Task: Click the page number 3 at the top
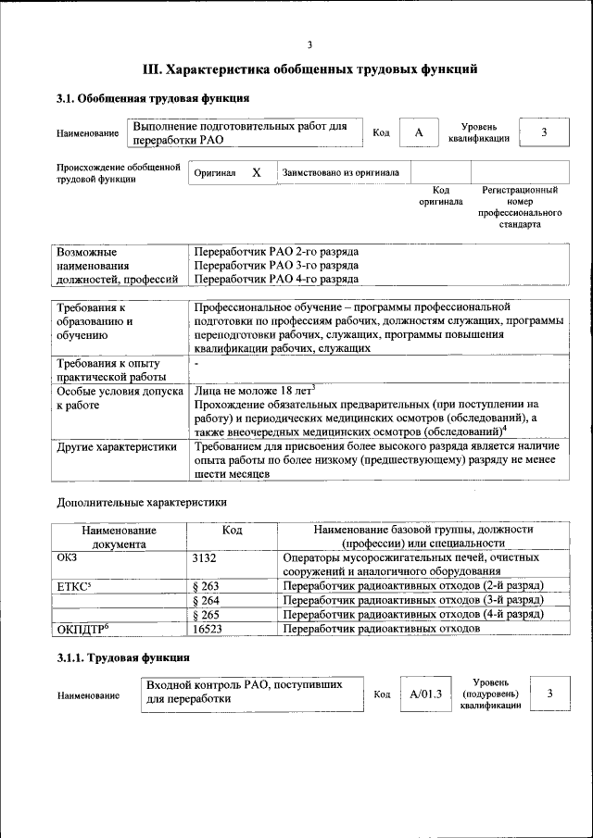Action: point(309,44)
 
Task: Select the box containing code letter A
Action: point(419,133)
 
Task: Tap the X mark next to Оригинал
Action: point(257,172)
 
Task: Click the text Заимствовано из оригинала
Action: point(340,172)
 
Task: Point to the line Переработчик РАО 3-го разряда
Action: point(276,265)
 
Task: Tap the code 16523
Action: point(208,628)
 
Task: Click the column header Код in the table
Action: point(233,530)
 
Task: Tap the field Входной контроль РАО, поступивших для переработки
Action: point(252,693)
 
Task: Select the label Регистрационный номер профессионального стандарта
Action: point(519,206)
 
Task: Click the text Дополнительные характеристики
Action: point(142,503)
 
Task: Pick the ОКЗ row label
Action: point(68,558)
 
